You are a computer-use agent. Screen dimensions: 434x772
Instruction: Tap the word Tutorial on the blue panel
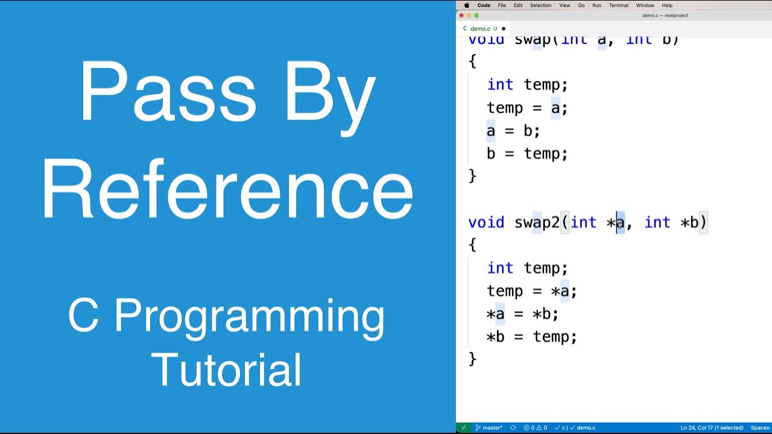[x=227, y=370]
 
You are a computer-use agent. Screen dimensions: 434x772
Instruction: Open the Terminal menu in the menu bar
[x=618, y=5]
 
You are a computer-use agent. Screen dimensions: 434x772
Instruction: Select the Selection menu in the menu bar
[x=540, y=5]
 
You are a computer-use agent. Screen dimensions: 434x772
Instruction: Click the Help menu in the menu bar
[x=667, y=5]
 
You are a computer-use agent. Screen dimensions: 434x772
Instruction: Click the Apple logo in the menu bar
[x=466, y=5]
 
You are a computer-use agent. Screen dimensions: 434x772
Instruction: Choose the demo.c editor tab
[x=480, y=28]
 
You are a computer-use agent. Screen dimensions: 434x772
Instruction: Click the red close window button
[x=461, y=16]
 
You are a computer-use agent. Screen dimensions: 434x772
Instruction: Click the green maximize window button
[x=476, y=16]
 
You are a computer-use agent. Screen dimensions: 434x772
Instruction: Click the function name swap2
[x=537, y=222]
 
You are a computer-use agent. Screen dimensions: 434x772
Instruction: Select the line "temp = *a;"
[x=531, y=291]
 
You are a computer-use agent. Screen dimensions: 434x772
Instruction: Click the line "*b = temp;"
[x=531, y=337]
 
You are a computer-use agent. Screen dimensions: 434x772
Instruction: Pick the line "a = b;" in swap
[x=513, y=131]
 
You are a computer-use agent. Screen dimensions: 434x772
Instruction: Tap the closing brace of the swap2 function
[x=472, y=359]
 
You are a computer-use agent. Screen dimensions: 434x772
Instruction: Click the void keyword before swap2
[x=486, y=222]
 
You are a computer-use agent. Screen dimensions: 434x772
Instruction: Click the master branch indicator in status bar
[x=489, y=428]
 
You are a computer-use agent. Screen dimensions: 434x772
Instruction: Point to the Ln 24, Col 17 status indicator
[x=712, y=428]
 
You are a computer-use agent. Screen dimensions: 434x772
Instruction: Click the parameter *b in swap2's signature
[x=689, y=222]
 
